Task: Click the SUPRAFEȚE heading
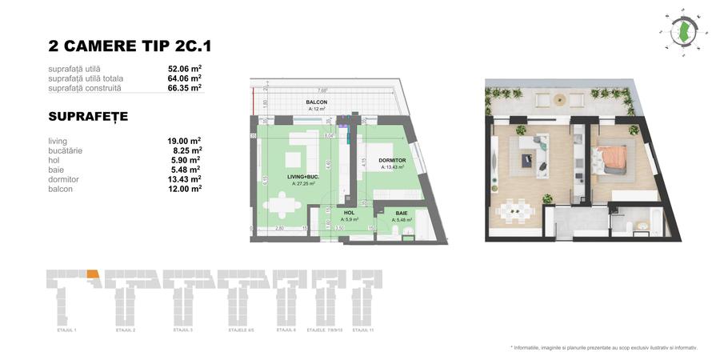pos(88,117)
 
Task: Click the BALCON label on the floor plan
pos(317,103)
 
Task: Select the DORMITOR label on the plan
pos(394,161)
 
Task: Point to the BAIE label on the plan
pos(400,213)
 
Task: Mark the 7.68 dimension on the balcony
pos(321,90)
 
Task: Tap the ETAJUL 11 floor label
pos(363,330)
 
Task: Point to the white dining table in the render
pos(517,212)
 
